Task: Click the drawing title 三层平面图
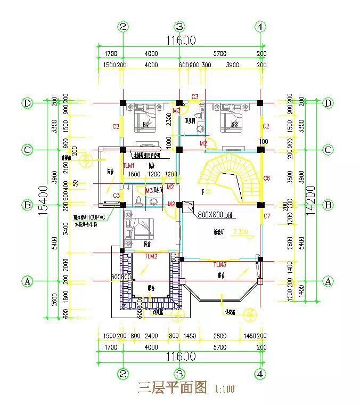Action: [171, 387]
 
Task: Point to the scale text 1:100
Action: [224, 389]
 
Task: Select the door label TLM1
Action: [129, 166]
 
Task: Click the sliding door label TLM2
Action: [151, 256]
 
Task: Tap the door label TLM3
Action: [220, 264]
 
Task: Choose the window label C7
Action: [267, 216]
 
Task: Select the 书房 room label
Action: [143, 166]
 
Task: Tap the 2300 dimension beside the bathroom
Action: [169, 122]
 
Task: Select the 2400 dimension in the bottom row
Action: [151, 336]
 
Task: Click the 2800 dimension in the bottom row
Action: [220, 336]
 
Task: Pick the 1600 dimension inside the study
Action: [135, 174]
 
